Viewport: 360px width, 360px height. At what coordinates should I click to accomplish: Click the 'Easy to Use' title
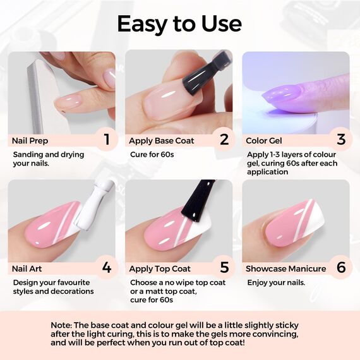click(x=179, y=23)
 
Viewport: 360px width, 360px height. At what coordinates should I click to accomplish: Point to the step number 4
click(x=107, y=268)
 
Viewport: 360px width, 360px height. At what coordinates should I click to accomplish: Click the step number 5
click(x=224, y=268)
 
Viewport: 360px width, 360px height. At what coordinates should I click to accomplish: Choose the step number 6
click(x=341, y=268)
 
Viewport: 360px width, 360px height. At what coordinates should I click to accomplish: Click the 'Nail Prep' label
click(x=30, y=140)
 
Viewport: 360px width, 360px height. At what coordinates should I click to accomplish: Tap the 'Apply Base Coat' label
click(x=162, y=140)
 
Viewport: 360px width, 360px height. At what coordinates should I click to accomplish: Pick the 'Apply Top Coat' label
click(x=160, y=268)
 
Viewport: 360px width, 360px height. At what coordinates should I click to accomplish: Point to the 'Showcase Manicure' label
click(x=286, y=268)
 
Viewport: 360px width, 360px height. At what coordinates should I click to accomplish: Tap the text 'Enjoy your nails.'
click(x=276, y=282)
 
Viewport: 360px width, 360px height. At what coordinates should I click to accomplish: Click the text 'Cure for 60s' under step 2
click(x=152, y=154)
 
